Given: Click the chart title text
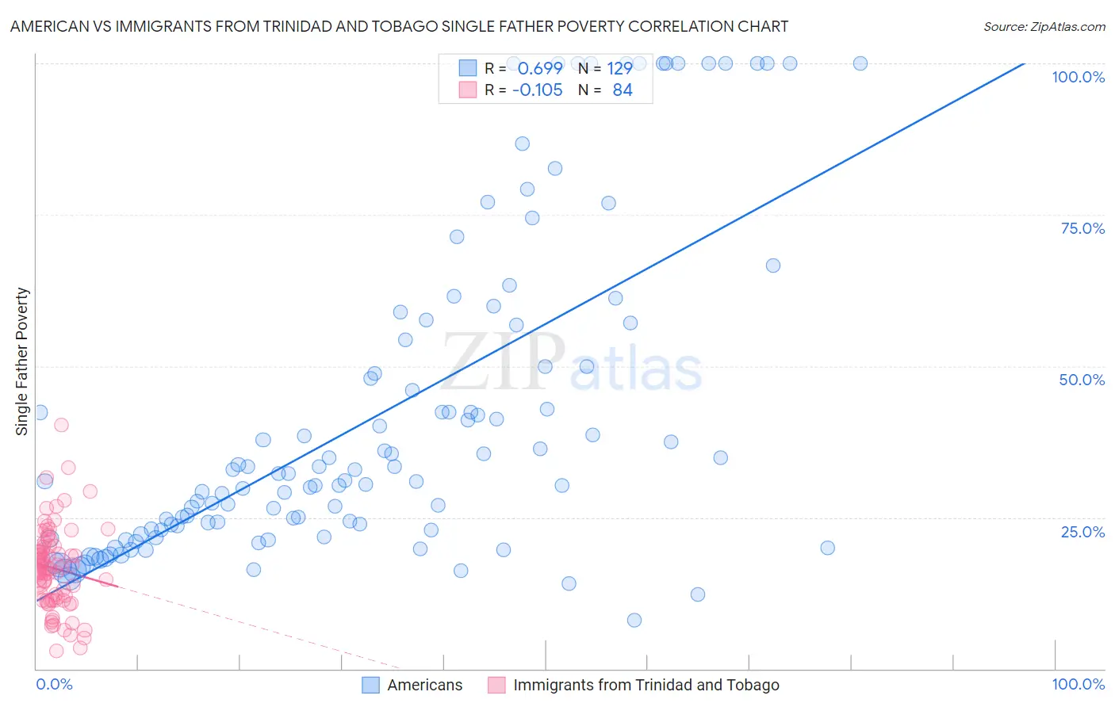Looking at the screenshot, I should point(399,26).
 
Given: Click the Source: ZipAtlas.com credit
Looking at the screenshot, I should point(1044,26).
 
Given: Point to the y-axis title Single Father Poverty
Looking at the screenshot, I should point(22,361).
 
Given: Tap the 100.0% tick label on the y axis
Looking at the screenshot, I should point(1078,77).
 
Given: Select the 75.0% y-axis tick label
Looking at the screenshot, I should point(1082,228).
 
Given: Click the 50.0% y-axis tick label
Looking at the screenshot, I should point(1082,380).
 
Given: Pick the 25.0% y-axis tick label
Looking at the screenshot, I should point(1082,532).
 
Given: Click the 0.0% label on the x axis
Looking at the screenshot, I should point(54,684).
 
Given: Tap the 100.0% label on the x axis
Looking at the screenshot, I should point(1078,684).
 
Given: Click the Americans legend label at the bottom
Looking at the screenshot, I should point(424,685).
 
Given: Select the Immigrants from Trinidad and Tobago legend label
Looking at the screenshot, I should point(646,685).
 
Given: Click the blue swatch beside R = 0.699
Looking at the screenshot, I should point(468,68).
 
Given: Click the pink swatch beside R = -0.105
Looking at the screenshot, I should point(468,90).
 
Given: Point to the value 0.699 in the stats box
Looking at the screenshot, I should point(540,68).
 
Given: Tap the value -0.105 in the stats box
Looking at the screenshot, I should point(538,90).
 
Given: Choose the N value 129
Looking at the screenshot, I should point(619,68).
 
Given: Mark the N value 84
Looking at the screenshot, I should point(623,90).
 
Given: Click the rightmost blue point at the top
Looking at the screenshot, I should point(860,63).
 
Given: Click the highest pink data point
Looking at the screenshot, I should point(61,425).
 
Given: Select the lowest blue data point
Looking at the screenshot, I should point(634,620).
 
